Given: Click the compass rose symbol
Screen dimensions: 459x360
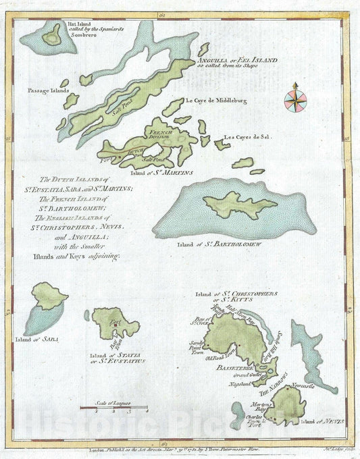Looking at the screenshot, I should [x=296, y=96].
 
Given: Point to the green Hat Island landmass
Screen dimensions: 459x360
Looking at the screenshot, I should [x=51, y=38].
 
